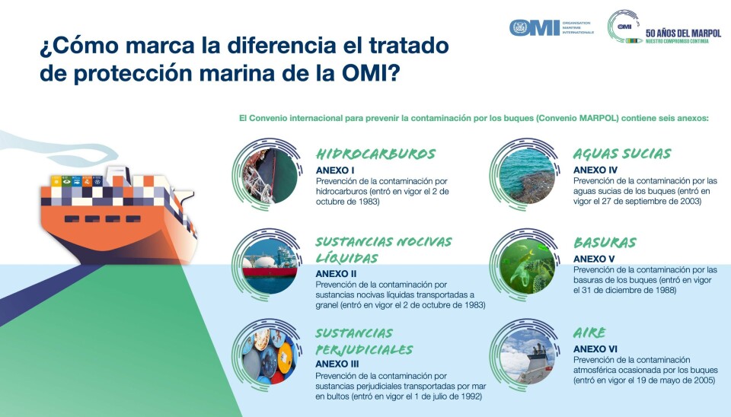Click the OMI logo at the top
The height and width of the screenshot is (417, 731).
(x=535, y=28)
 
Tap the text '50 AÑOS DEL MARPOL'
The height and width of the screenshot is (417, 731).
(x=683, y=33)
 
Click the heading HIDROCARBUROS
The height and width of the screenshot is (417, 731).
(x=375, y=154)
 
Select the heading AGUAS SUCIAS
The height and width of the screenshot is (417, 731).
(x=622, y=154)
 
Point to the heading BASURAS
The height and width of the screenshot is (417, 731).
(x=605, y=243)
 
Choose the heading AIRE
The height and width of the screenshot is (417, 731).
(x=589, y=333)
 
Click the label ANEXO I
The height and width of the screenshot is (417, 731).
(x=335, y=170)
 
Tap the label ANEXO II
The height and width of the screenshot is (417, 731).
(x=336, y=274)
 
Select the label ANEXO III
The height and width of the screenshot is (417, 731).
(x=337, y=364)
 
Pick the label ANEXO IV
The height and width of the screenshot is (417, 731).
(x=595, y=170)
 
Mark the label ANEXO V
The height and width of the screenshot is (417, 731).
(x=594, y=259)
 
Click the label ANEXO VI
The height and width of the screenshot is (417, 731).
(x=595, y=349)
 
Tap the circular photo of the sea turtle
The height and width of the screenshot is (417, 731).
(x=527, y=266)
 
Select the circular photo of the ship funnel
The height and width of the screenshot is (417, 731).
(x=527, y=356)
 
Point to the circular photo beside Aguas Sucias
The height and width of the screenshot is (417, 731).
(x=527, y=176)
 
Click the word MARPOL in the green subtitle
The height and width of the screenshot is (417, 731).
(x=599, y=119)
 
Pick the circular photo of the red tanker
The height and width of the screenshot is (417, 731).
(x=270, y=266)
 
